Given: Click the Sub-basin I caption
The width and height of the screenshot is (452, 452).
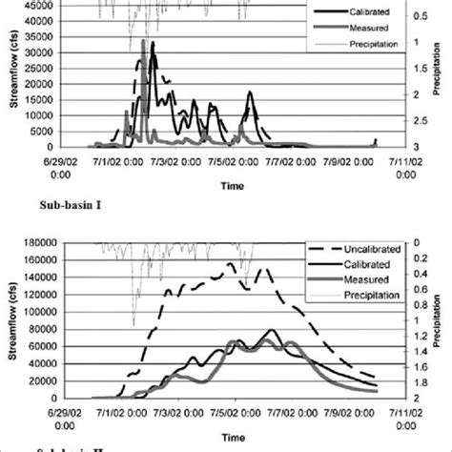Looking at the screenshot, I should [70, 204].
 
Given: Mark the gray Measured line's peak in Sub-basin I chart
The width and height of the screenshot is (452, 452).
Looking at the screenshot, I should [143, 41].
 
